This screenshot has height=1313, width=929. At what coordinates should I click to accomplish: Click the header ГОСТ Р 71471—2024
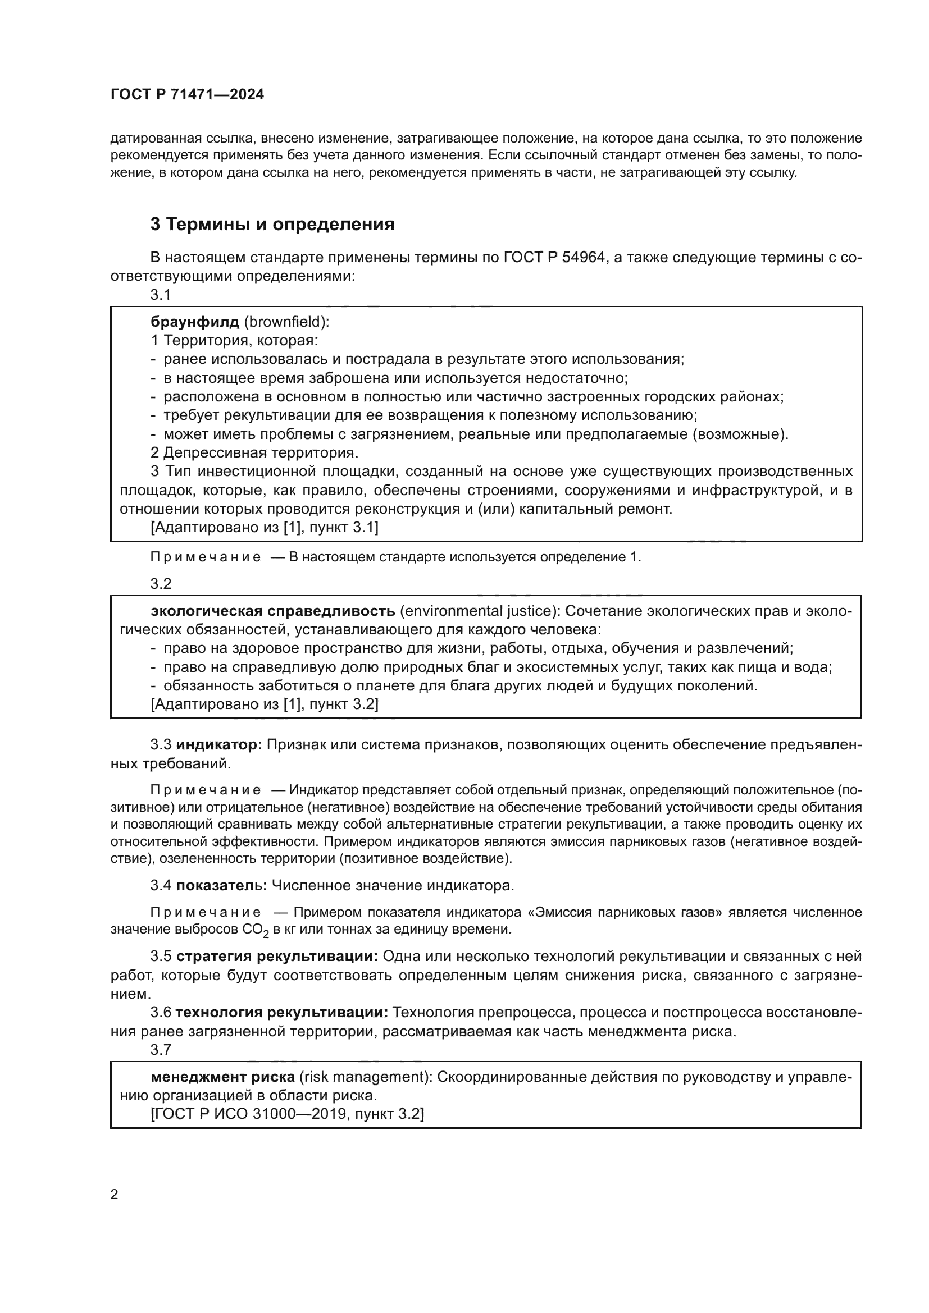pos(187,95)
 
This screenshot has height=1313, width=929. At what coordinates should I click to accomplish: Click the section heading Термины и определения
pos(280,224)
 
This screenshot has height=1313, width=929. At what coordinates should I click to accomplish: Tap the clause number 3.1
pos(161,295)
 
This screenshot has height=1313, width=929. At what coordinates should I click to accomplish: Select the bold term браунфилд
pos(194,322)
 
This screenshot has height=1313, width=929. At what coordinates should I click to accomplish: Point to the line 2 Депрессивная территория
pos(254,453)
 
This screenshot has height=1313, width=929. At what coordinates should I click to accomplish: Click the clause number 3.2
pos(161,584)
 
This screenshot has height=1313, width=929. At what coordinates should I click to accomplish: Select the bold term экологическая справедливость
pos(272,611)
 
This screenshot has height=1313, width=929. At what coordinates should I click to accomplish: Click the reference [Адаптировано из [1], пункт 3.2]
pos(265,704)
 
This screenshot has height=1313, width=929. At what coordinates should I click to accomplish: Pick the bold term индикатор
pos(218,745)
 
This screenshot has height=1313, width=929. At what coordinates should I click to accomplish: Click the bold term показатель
pos(221,886)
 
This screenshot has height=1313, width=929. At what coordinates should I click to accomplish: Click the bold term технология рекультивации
pos(281,1013)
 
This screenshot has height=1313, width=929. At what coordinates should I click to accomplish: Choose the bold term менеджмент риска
pos(222,1077)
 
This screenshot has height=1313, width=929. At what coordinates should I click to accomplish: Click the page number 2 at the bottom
pos(115,1195)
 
